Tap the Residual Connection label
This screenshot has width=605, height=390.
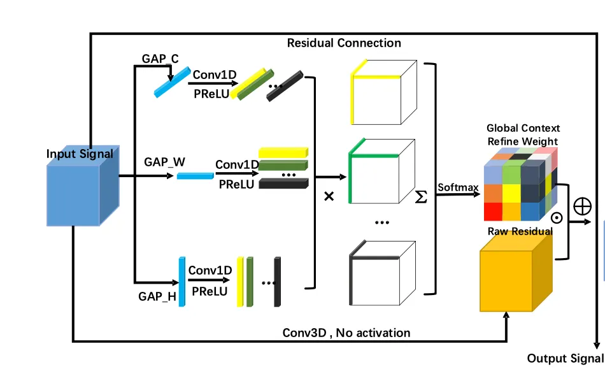point(344,43)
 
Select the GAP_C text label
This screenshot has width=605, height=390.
point(160,59)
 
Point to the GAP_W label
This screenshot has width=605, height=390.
point(164,162)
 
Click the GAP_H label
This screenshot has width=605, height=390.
point(157,296)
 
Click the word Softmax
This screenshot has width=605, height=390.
point(457,187)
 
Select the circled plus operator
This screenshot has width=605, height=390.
point(581,206)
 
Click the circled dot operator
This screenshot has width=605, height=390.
point(556,217)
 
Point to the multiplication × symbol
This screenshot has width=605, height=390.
point(329,196)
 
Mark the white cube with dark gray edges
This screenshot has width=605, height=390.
point(380,271)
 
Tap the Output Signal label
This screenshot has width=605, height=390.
point(565,358)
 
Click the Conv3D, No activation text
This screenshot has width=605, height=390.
point(346,333)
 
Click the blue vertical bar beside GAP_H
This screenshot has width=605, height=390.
point(181,281)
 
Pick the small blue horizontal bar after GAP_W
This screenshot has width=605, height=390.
point(195,175)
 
